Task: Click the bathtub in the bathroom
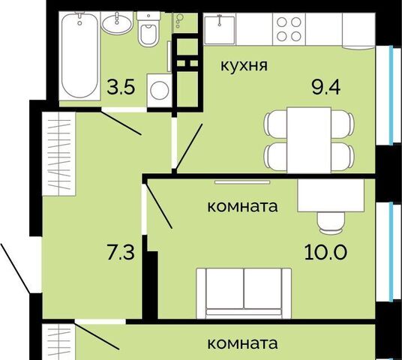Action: (79, 55)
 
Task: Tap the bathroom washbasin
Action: (117, 23)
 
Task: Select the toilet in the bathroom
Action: (148, 28)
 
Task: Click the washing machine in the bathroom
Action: (159, 90)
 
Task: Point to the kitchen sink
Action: (220, 28)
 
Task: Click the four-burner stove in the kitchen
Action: (289, 29)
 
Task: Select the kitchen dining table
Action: (309, 140)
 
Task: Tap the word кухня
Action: (244, 65)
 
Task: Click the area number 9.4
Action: (325, 87)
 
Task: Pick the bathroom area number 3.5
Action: (121, 87)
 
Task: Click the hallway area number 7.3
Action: (121, 252)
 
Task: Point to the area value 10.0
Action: (325, 252)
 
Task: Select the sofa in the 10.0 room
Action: (244, 293)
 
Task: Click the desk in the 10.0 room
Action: (331, 196)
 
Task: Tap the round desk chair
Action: (331, 223)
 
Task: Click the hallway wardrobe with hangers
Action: (59, 154)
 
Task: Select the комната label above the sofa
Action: (242, 206)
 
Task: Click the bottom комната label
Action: (242, 343)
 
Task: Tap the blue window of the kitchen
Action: (391, 95)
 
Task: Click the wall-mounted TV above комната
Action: (242, 182)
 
